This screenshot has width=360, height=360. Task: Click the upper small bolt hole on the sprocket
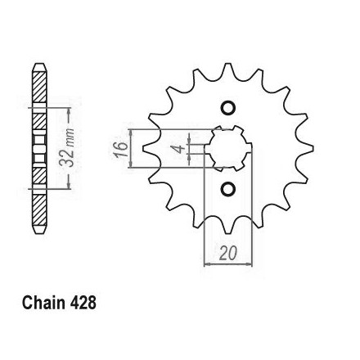[227, 108]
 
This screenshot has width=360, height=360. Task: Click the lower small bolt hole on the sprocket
[227, 189]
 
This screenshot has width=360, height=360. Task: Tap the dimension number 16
[121, 149]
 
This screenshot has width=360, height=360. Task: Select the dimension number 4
[178, 149]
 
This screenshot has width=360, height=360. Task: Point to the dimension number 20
[227, 254]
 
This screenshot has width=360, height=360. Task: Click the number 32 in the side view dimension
[66, 158]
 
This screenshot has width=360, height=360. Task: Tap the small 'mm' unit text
[70, 137]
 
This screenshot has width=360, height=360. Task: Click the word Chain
[43, 303]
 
